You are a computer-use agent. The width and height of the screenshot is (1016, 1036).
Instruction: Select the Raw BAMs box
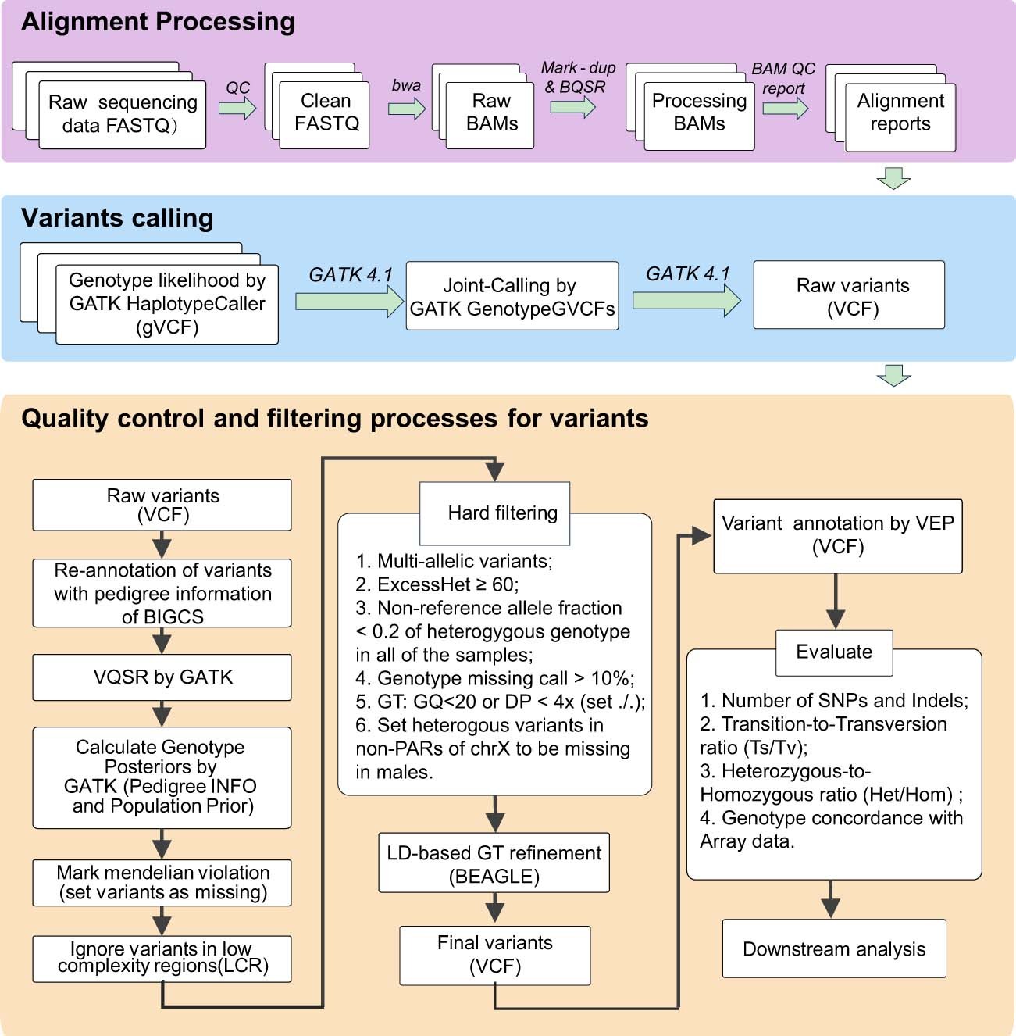(490, 113)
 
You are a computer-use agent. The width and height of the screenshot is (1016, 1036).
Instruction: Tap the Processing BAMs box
(699, 113)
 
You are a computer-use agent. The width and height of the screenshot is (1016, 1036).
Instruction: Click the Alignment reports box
(900, 113)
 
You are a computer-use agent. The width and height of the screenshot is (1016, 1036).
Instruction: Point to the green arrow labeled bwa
(406, 109)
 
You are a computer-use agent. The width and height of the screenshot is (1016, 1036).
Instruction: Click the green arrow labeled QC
(237, 108)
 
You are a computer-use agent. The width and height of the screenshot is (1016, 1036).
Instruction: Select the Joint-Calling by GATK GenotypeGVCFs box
(512, 297)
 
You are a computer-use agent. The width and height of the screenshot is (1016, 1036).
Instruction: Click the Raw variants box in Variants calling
(849, 296)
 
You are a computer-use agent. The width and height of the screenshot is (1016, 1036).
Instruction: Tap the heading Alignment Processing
(158, 22)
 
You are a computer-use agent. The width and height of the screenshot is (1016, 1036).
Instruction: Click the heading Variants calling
(117, 218)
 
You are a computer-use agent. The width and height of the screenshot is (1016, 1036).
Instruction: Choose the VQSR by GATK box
(162, 677)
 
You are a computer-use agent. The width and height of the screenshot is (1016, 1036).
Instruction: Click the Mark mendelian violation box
(162, 883)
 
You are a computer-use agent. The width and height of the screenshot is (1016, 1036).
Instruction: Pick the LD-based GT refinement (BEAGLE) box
(494, 863)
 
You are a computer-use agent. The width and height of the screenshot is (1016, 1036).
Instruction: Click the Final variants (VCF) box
(494, 955)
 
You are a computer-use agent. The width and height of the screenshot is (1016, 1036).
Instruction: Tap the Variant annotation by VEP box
(837, 536)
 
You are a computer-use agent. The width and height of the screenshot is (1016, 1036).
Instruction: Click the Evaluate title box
(834, 652)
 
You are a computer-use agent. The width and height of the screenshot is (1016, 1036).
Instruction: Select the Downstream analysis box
(833, 948)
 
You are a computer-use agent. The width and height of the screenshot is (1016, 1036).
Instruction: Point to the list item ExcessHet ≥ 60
(437, 584)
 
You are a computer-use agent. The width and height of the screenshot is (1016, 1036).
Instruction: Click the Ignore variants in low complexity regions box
(162, 959)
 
